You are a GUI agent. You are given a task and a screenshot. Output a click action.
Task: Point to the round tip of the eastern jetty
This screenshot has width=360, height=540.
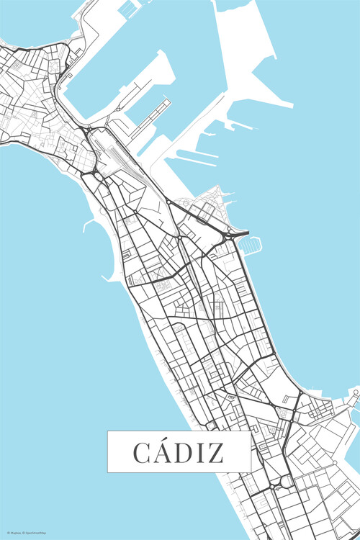tap(355, 393)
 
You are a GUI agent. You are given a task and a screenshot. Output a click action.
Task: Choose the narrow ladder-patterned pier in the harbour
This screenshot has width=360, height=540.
tap(159, 111)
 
